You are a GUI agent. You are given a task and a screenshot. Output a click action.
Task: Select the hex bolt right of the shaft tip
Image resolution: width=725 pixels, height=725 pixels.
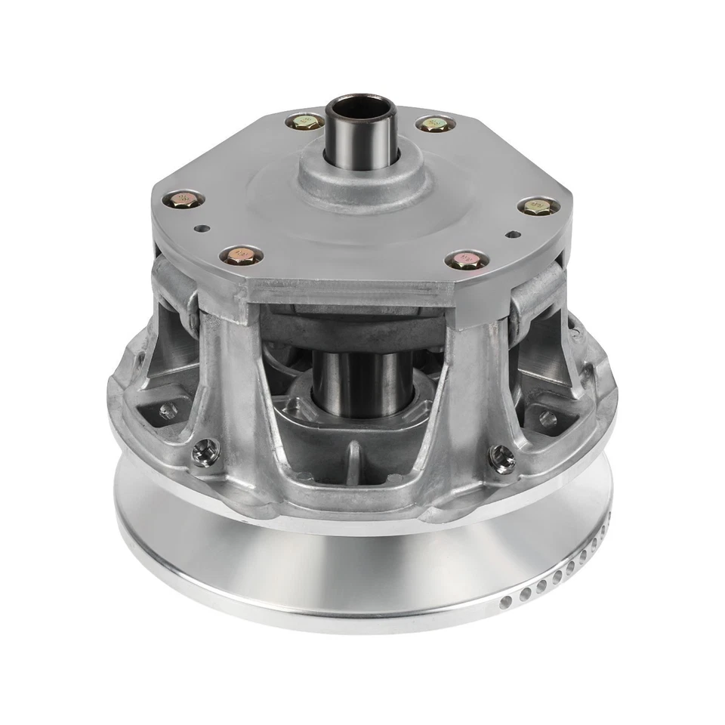pyautogui.click(x=434, y=123)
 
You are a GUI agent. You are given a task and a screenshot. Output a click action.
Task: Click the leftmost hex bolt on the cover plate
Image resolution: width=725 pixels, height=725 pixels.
pyautogui.click(x=182, y=200)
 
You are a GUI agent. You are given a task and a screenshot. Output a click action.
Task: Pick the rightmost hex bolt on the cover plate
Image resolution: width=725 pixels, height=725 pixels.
pyautogui.click(x=537, y=205)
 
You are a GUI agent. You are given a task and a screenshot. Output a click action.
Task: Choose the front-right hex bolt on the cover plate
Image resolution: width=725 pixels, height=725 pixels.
pyautogui.click(x=466, y=261)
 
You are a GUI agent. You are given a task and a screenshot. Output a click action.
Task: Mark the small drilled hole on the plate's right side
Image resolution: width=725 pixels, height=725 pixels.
pyautogui.click(x=514, y=233)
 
